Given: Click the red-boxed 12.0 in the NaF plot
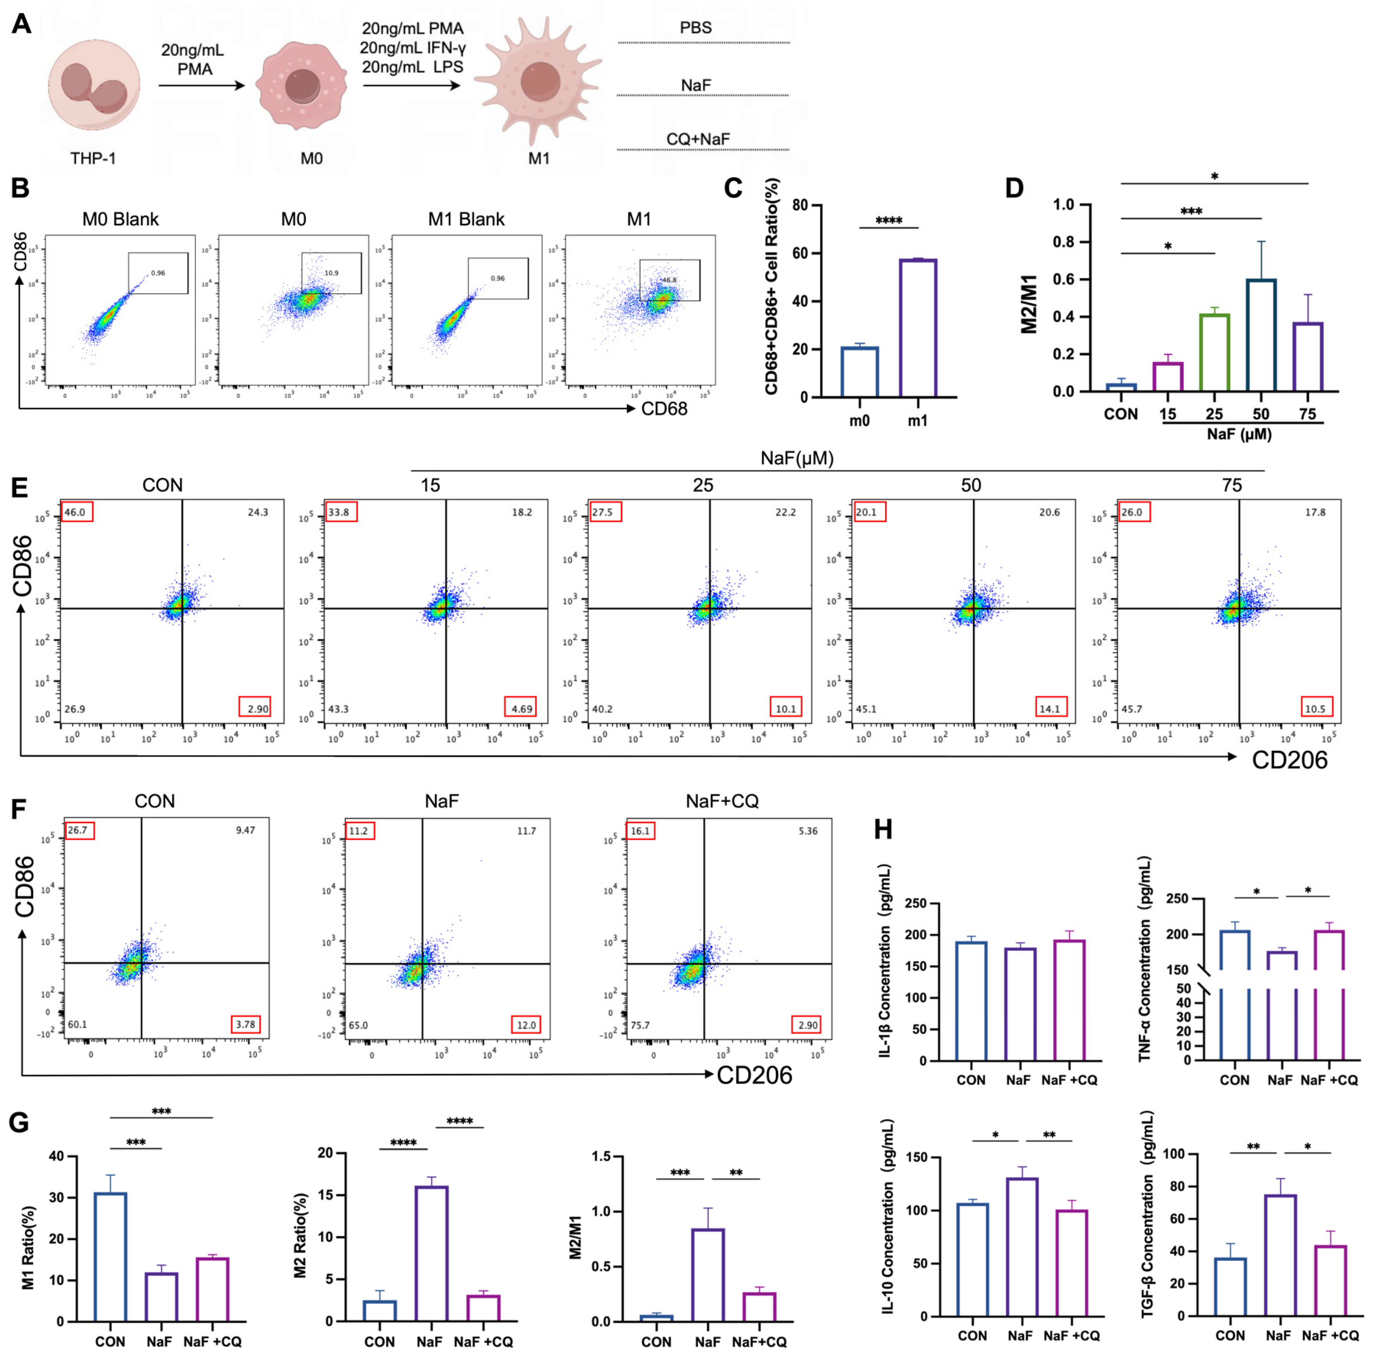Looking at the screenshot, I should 526,1025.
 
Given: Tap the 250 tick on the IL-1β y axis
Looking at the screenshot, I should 916,903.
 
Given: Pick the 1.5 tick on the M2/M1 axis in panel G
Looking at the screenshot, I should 601,1157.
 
